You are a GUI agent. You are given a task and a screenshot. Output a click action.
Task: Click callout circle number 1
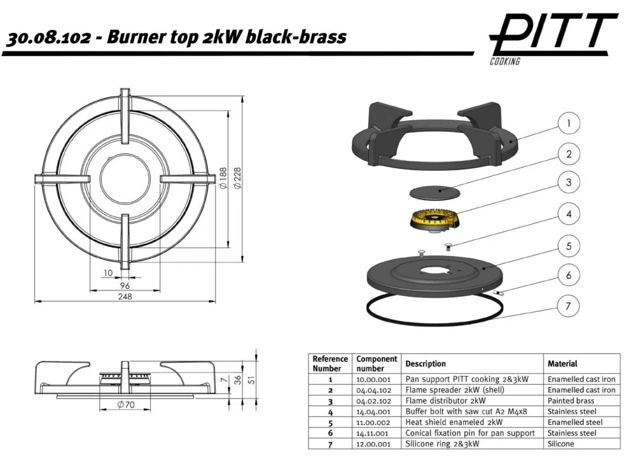[569, 123]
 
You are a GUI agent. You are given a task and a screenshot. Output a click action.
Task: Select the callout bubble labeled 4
[569, 215]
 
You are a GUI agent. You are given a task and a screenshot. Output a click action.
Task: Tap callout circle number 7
[569, 307]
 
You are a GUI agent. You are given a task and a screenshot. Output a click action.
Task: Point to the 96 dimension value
[125, 285]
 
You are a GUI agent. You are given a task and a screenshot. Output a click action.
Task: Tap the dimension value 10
[107, 273]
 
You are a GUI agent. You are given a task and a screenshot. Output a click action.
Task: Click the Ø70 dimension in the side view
[125, 405]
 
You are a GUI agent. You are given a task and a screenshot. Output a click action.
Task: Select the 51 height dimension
[252, 380]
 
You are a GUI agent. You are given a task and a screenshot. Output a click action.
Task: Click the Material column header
[562, 364]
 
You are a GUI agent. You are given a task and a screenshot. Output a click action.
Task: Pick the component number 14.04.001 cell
[373, 411]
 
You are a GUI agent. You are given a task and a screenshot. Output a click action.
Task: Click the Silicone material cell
[561, 444]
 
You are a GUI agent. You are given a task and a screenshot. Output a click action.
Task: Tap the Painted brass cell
[570, 401]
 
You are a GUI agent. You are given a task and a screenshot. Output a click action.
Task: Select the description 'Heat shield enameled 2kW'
[453, 422]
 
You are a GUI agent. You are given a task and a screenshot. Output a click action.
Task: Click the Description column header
[425, 364]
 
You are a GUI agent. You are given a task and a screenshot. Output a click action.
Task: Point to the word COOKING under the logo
[505, 61]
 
